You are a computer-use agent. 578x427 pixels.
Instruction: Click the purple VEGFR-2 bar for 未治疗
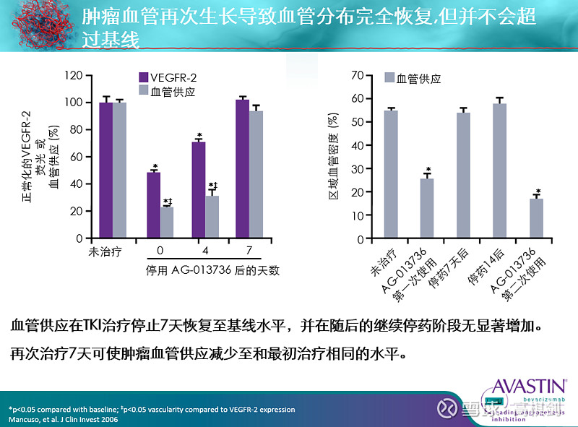[x=106, y=170]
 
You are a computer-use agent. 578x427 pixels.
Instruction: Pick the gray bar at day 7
[x=256, y=174]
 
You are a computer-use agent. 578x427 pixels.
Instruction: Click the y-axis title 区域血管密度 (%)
[x=333, y=156]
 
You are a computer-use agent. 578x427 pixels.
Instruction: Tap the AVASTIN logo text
[x=531, y=384]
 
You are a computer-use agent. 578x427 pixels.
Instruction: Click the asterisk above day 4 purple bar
[x=199, y=136]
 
